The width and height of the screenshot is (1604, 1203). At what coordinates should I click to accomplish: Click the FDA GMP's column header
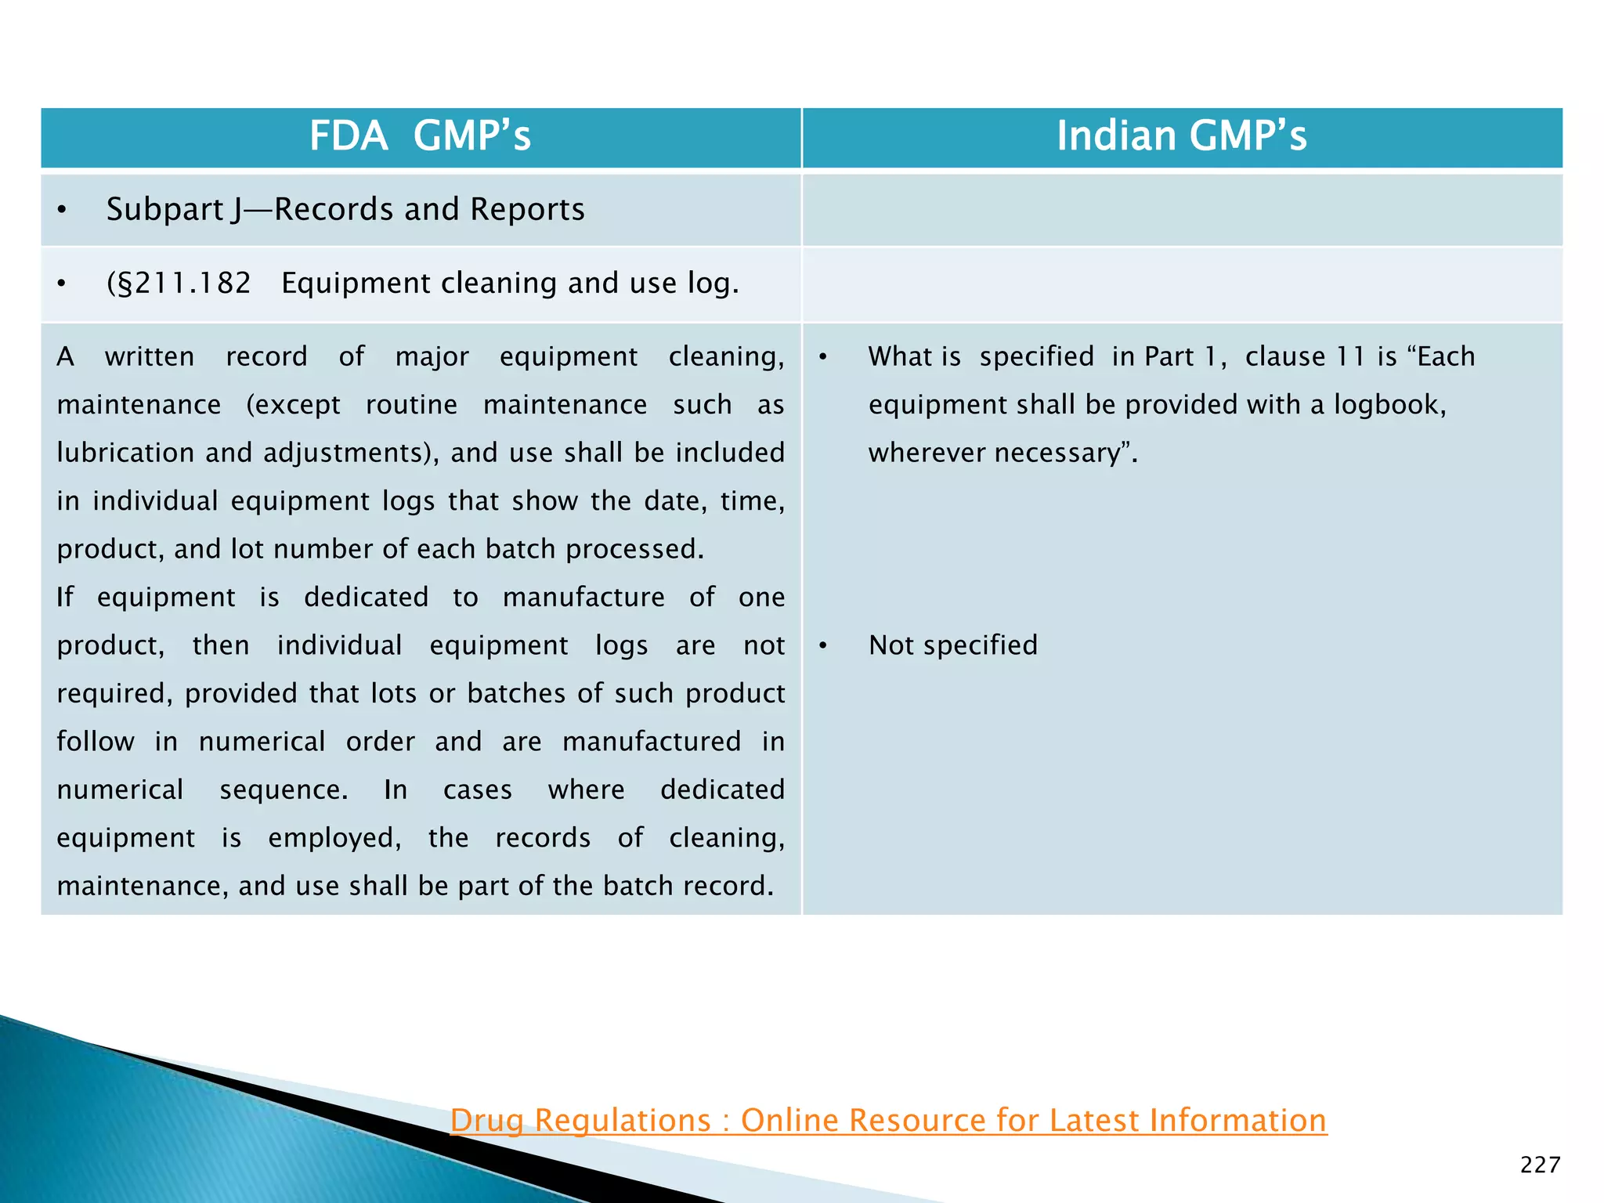(x=420, y=136)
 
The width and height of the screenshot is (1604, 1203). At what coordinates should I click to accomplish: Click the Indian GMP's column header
(x=1181, y=136)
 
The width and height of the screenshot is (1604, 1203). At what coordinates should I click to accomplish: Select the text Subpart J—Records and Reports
(x=345, y=210)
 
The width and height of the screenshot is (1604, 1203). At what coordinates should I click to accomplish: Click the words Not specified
(x=952, y=645)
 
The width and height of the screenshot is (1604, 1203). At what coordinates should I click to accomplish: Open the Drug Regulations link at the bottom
(x=888, y=1121)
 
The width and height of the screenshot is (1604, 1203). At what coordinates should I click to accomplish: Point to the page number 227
(x=1540, y=1165)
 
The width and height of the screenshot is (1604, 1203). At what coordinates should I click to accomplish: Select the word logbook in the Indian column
(x=1387, y=405)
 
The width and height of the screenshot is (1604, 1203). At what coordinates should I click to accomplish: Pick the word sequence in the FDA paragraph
(x=283, y=790)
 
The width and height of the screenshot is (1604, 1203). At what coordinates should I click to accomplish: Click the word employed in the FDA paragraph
(x=334, y=838)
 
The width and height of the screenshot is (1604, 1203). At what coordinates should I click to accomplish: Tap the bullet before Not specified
(x=823, y=646)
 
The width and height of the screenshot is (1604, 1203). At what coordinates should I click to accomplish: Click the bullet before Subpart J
(x=62, y=211)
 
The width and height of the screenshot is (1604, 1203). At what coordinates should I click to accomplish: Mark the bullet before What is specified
(x=823, y=357)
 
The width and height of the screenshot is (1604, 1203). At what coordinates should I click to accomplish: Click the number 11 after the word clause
(x=1350, y=357)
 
